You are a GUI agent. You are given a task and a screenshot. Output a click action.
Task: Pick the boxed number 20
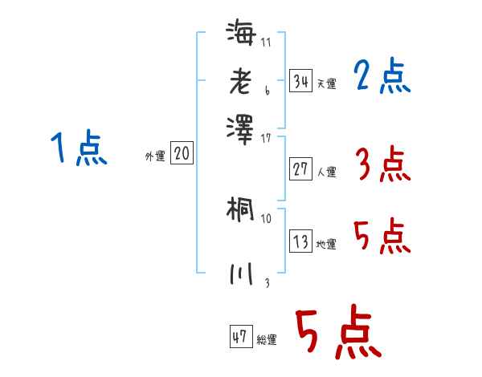pyautogui.click(x=182, y=154)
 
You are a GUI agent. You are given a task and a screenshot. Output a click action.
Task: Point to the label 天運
pyautogui.click(x=326, y=83)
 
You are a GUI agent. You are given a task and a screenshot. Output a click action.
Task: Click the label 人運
pyautogui.click(x=326, y=171)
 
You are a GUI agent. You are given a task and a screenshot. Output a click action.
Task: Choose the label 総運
pyautogui.click(x=266, y=339)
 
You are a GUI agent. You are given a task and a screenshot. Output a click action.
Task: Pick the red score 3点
pyautogui.click(x=382, y=165)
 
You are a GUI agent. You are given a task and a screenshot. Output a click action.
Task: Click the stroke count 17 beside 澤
pyautogui.click(x=267, y=138)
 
